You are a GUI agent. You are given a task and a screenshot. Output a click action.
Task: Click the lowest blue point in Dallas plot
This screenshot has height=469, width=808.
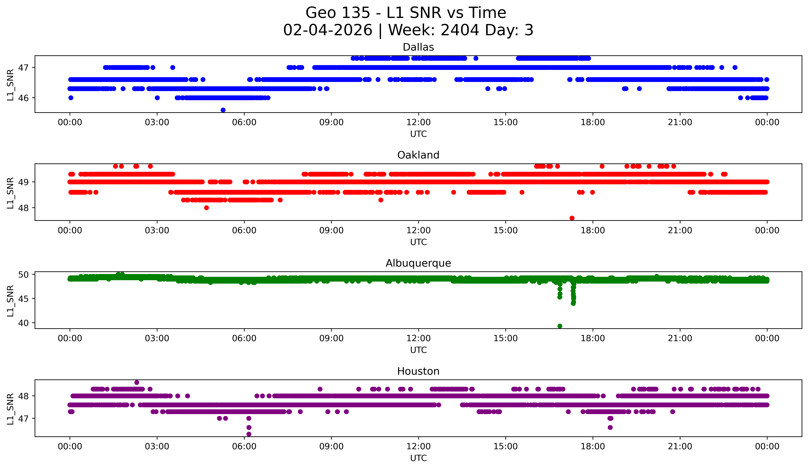(x=223, y=110)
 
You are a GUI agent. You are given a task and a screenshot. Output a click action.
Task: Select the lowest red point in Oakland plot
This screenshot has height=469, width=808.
(x=572, y=218)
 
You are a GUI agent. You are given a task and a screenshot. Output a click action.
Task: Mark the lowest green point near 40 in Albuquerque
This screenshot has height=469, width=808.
(x=560, y=326)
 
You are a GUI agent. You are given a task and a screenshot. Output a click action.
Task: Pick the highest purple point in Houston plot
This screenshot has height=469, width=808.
(x=137, y=382)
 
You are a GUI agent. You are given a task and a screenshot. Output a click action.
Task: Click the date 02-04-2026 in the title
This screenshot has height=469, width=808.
(x=328, y=30)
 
